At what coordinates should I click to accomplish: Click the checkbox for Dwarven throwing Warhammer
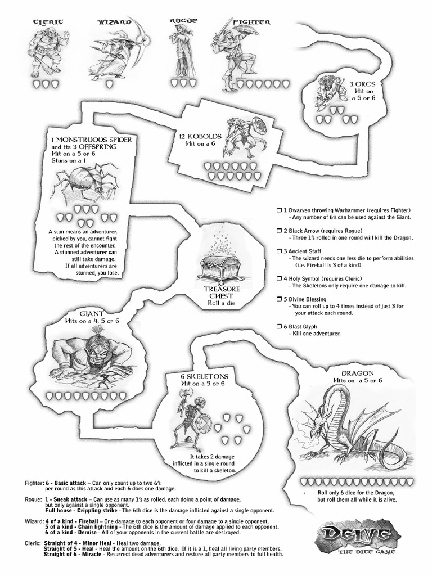pyautogui.click(x=278, y=209)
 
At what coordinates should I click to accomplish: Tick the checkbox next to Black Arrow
pyautogui.click(x=278, y=231)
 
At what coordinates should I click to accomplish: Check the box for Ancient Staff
pyautogui.click(x=278, y=251)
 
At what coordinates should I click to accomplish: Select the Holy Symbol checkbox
pyautogui.click(x=278, y=278)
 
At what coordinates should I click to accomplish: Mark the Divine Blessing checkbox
pyautogui.click(x=278, y=299)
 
